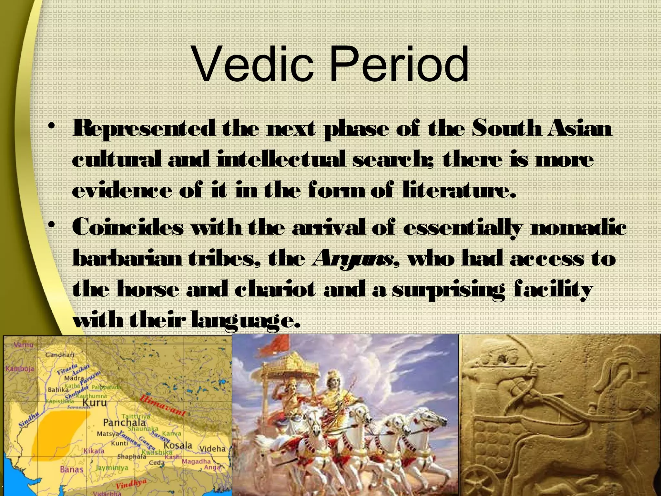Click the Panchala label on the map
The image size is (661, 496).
point(124,422)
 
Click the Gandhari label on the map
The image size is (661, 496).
point(59,355)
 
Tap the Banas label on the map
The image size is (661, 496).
point(72,469)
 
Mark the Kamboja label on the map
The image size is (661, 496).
point(18,369)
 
